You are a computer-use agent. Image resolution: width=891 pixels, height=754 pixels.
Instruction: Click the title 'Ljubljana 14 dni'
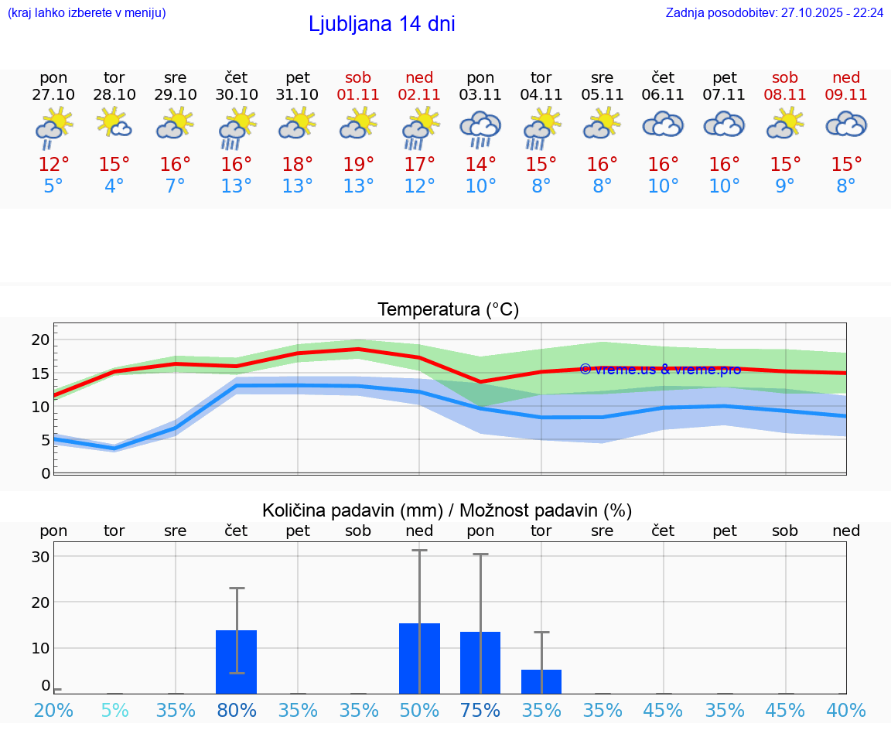pos(381,24)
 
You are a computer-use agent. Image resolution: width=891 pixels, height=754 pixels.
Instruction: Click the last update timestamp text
pos(774,13)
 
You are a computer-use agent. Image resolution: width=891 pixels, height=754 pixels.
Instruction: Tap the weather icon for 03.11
pos(480,129)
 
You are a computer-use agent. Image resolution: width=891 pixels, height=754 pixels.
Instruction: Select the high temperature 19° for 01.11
pos(358,165)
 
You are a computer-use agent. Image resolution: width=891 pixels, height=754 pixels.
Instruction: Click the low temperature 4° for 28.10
pos(114,186)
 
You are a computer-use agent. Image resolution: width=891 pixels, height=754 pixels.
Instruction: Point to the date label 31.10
pos(298,95)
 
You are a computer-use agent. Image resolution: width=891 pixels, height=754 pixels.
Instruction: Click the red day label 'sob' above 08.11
pos(785,77)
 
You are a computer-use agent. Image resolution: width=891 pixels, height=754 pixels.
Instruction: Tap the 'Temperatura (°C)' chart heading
pos(448,310)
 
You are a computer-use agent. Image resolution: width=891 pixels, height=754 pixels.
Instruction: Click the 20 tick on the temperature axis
pos(40,339)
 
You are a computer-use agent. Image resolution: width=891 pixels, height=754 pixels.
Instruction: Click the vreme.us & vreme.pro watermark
pos(660,370)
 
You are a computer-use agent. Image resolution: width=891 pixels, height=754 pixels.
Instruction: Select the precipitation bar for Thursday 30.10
pos(237,662)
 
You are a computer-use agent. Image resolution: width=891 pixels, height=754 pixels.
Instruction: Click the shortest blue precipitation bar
pos(541,681)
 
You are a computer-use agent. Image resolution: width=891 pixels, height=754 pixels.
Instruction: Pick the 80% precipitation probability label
pos(237,710)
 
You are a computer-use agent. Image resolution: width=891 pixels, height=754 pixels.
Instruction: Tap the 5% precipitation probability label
pos(114,710)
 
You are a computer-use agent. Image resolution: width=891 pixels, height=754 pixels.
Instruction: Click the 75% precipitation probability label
pos(480,710)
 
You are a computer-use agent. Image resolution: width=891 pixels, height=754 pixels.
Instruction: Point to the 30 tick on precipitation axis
pos(40,557)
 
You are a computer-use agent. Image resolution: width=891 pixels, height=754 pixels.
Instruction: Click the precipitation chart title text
pos(447,510)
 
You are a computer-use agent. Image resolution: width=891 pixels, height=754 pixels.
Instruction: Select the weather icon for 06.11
pos(663,125)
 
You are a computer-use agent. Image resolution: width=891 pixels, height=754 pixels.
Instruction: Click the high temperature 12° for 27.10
pos(53,165)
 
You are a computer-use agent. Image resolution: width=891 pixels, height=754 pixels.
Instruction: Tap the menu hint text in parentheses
pos(87,13)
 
